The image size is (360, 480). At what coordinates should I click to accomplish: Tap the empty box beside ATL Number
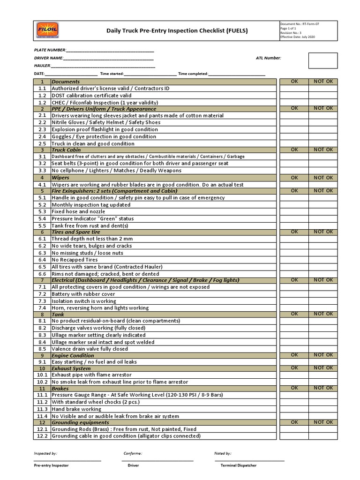(x=322, y=60)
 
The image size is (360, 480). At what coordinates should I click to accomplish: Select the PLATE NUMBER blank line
(x=110, y=50)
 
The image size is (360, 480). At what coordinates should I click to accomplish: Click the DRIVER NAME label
(x=48, y=58)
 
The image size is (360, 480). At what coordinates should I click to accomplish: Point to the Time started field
(x=150, y=74)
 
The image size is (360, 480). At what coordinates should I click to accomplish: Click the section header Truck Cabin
(x=66, y=150)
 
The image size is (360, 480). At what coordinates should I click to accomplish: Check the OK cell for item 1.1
(x=294, y=88)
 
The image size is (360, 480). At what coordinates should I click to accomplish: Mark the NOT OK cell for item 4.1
(x=323, y=185)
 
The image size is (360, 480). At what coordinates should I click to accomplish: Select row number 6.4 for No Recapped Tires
(x=42, y=260)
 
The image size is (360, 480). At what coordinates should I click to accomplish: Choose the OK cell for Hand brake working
(x=294, y=409)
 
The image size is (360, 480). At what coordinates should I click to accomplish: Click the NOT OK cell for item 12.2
(x=323, y=436)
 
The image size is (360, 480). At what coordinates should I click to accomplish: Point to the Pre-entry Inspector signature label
(x=51, y=466)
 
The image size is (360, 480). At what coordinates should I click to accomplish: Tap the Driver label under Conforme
(x=133, y=466)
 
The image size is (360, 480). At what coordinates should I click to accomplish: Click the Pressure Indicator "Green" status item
(x=92, y=218)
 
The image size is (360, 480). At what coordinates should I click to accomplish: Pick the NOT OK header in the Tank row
(x=323, y=314)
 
